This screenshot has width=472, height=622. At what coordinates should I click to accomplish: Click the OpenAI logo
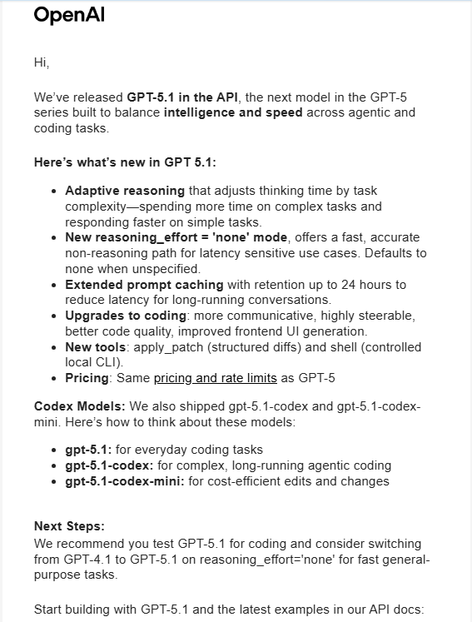69,16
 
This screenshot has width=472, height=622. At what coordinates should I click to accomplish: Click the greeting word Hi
42,62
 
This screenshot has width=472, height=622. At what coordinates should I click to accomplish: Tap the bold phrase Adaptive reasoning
125,191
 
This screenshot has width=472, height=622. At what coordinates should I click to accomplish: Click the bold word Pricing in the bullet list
87,378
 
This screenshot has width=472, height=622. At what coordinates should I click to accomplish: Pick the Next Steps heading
69,526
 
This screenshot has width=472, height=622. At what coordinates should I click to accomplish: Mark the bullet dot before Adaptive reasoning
55,192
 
